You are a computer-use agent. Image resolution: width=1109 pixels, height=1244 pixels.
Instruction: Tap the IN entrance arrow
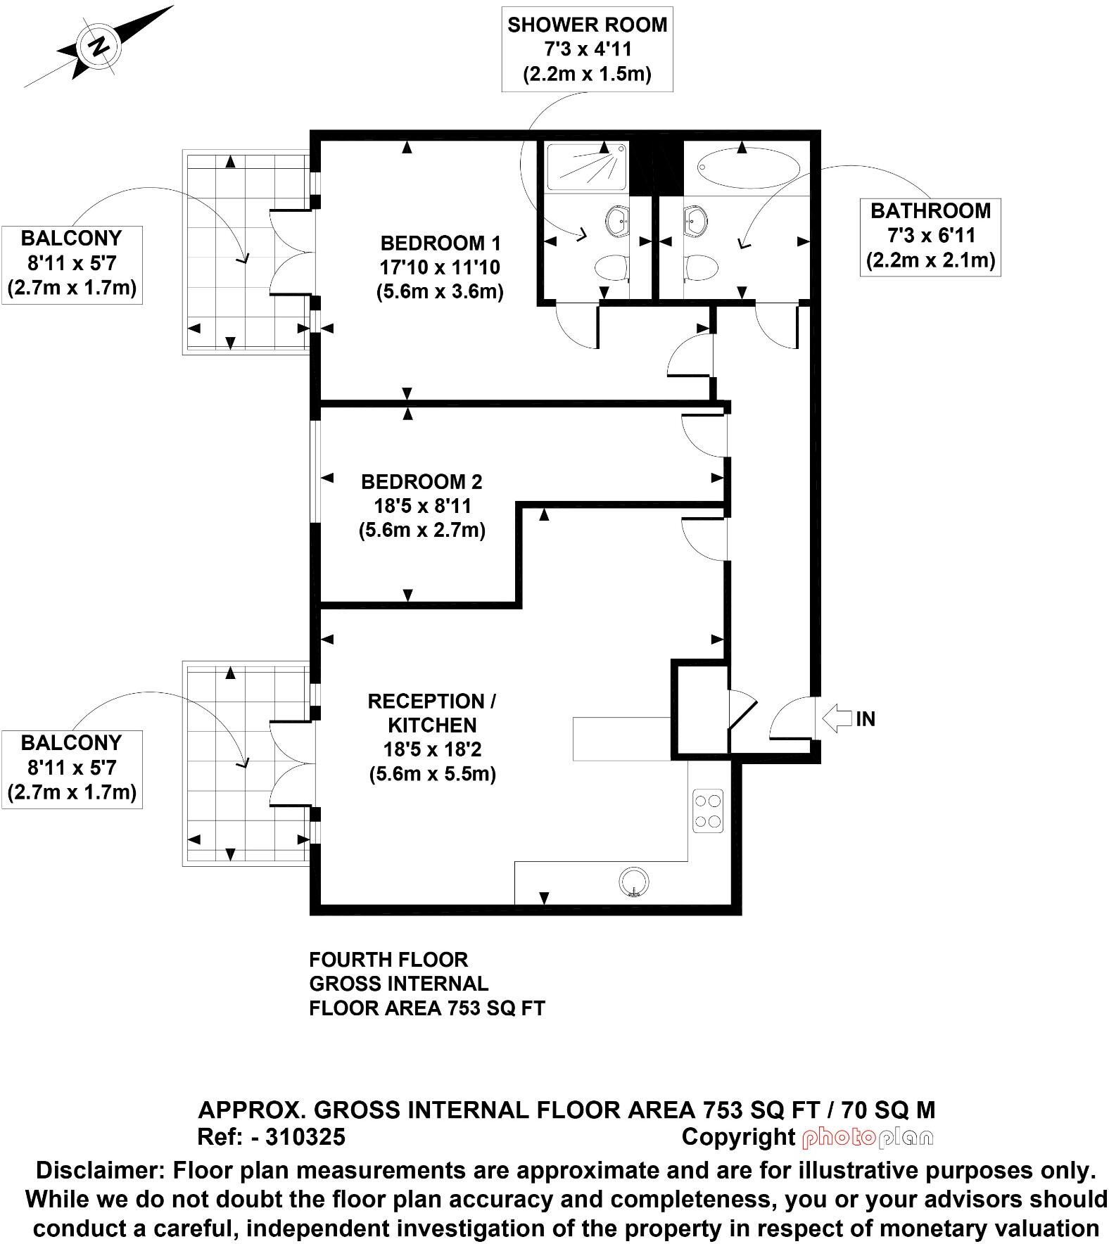coord(836,718)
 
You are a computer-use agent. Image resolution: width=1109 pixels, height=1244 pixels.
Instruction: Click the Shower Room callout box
coord(587,49)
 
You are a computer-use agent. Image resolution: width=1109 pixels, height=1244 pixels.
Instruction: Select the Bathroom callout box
coord(930,236)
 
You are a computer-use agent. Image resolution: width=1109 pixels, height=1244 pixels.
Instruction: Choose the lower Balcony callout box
coord(72,768)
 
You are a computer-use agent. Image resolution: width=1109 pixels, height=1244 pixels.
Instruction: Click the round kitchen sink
coord(634,881)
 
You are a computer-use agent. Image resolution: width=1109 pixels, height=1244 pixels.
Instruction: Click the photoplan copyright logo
coord(867,1137)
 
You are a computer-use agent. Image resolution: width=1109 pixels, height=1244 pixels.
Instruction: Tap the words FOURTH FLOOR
coord(388,960)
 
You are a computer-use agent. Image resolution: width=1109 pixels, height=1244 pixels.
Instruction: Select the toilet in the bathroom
coord(701,267)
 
